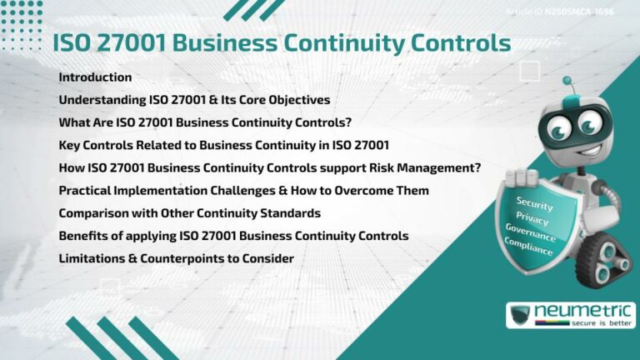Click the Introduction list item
pos(95,77)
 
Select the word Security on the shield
pos(534,202)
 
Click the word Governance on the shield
pos(530,230)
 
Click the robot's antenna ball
pos(567,82)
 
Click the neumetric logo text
pos(578,311)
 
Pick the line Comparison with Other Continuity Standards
pos(189,213)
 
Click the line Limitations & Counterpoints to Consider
pos(176,259)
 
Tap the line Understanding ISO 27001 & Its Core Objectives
pos(194,100)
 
